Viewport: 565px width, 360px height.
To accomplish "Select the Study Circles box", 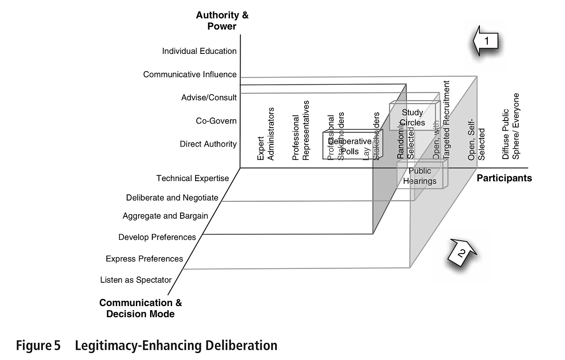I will [413, 117].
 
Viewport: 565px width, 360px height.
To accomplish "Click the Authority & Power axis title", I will [222, 21].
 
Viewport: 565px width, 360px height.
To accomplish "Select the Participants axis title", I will [504, 178].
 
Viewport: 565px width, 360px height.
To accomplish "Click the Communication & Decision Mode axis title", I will [140, 308].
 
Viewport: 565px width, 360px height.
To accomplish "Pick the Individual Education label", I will [199, 51].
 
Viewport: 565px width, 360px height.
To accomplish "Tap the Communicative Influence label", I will [190, 75].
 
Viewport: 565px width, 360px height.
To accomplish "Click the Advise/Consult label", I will [209, 98].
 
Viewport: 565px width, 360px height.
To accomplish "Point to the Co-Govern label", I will [216, 121].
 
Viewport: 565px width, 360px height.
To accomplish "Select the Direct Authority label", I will [208, 144].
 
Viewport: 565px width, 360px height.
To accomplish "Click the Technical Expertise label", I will [192, 178].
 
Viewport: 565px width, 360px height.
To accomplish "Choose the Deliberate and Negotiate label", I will [172, 198].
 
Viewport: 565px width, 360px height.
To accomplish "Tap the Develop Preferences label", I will [157, 237].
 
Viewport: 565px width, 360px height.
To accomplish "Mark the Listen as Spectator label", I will [136, 280].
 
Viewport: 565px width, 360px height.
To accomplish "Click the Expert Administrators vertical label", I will [266, 134].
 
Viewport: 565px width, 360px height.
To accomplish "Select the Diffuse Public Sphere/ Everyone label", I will [511, 126].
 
